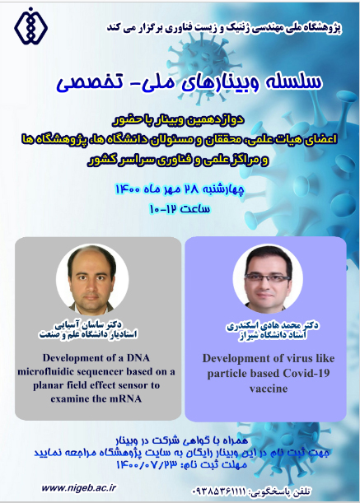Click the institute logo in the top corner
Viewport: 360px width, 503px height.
tap(30, 26)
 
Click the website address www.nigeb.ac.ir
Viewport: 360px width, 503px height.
tap(78, 488)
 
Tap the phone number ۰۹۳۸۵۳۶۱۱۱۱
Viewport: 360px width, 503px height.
tap(219, 491)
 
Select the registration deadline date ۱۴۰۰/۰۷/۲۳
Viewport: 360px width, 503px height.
tap(147, 464)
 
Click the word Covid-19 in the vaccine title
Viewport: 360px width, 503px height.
tap(306, 373)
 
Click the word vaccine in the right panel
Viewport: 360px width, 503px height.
tap(269, 389)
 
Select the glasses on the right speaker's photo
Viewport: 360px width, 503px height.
tap(267, 278)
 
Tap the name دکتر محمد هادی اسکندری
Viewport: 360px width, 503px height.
tap(273, 326)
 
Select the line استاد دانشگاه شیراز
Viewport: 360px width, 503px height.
tap(273, 336)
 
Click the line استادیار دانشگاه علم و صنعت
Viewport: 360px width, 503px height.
tap(88, 334)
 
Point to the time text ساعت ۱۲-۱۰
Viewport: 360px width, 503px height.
tap(180, 209)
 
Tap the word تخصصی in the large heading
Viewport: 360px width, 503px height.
tap(86, 82)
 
